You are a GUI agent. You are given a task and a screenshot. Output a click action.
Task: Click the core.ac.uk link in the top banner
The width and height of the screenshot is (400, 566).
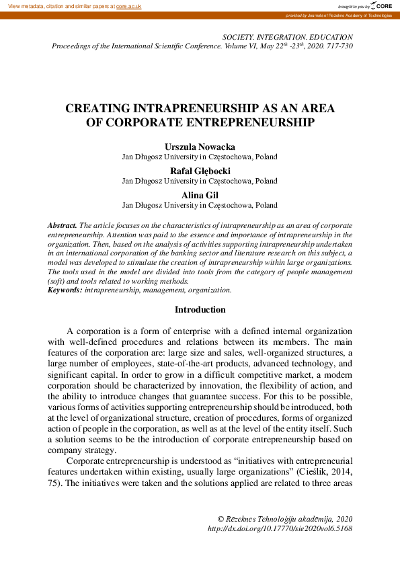(128, 5)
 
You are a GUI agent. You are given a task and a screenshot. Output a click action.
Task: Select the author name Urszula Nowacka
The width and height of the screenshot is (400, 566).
(199, 147)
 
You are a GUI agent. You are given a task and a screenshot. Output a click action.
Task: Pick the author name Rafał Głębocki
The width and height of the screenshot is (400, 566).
(199, 171)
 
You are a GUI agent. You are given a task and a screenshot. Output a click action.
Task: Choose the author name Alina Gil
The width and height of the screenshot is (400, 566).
(199, 195)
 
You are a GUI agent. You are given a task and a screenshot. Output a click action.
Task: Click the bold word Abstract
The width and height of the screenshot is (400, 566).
(62, 225)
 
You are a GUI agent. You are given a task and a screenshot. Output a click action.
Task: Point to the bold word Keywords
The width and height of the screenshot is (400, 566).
(65, 290)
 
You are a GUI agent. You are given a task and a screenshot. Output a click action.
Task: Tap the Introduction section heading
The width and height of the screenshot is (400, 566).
(200, 310)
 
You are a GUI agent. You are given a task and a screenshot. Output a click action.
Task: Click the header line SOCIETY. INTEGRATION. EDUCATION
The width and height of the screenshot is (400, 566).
(287, 37)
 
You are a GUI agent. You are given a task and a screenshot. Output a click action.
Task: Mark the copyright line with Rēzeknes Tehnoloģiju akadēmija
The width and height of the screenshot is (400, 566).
(285, 520)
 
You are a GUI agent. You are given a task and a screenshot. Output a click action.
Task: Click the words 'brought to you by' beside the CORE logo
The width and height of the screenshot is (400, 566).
(352, 5)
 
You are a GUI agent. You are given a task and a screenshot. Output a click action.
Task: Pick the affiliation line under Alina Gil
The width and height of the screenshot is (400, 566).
(199, 205)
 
